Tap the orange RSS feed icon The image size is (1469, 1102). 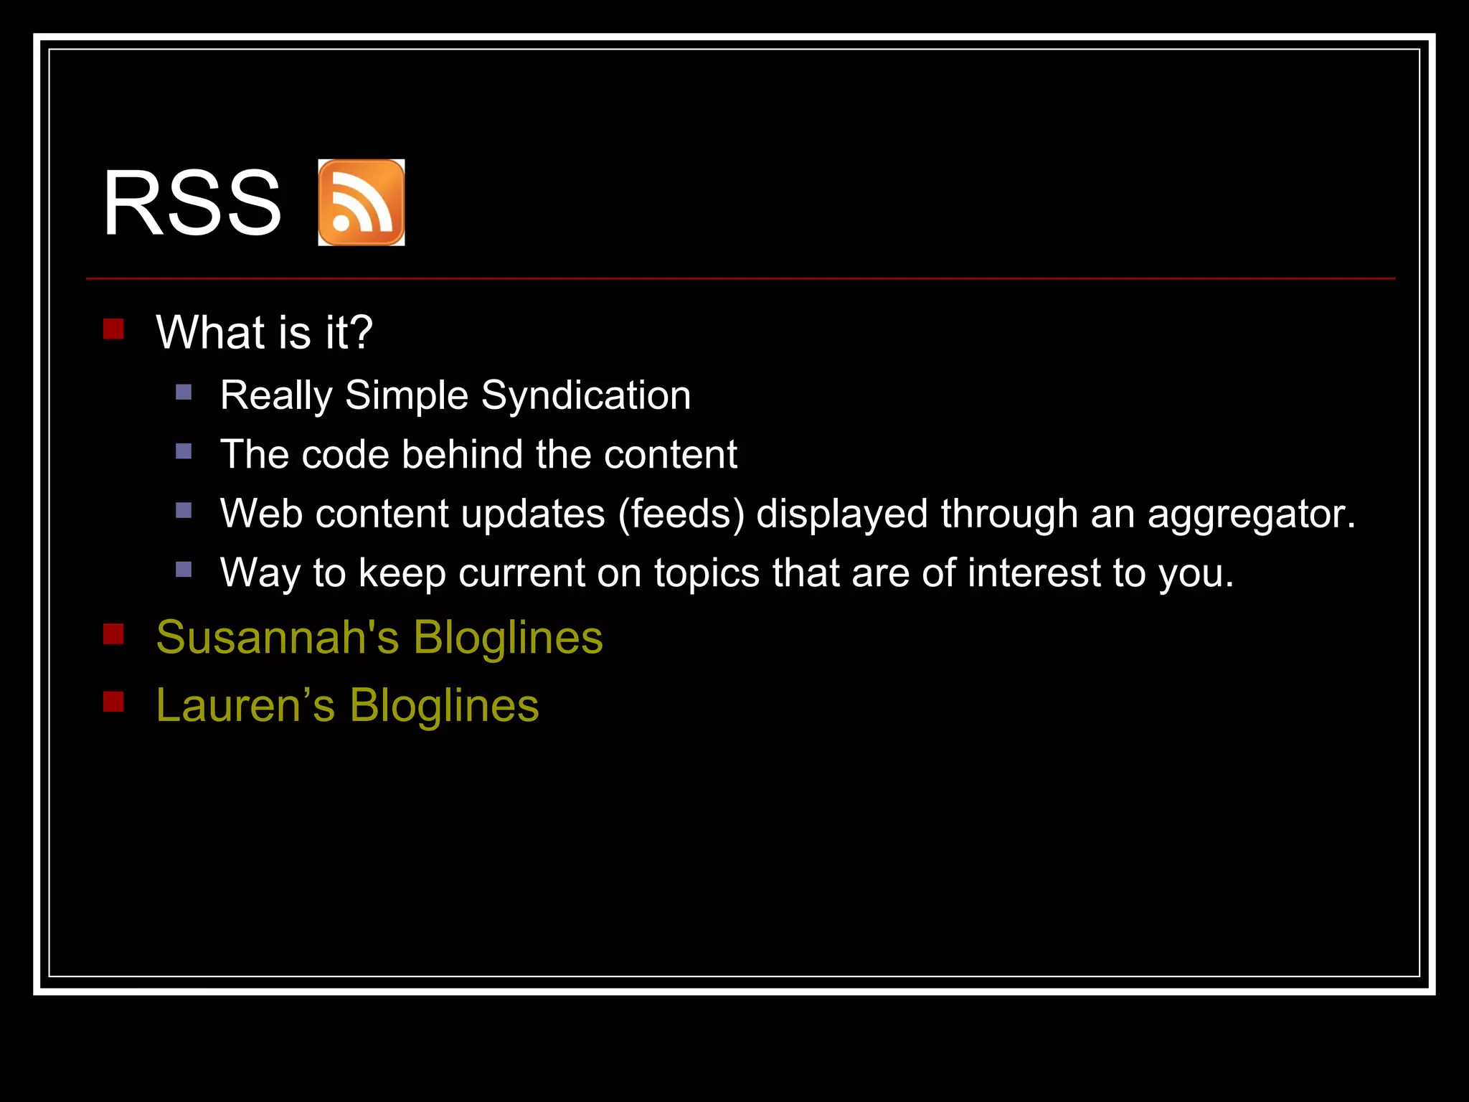[x=362, y=203]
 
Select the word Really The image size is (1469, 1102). [x=276, y=395]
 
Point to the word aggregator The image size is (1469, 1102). [x=1250, y=514]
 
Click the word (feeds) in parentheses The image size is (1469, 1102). [x=681, y=514]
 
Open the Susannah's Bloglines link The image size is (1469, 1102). [x=379, y=637]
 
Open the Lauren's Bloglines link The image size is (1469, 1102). [x=347, y=705]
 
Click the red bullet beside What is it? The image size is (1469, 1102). [x=113, y=329]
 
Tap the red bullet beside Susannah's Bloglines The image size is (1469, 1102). [x=113, y=634]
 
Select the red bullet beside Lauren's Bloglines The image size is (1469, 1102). [x=113, y=702]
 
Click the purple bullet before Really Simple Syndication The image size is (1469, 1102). [x=184, y=392]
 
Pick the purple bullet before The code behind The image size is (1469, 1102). [x=184, y=451]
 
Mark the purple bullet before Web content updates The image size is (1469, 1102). [x=184, y=511]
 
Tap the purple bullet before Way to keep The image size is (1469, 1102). [x=184, y=570]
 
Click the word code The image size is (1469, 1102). [x=346, y=455]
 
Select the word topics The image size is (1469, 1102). [x=706, y=573]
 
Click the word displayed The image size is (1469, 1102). [x=842, y=514]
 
